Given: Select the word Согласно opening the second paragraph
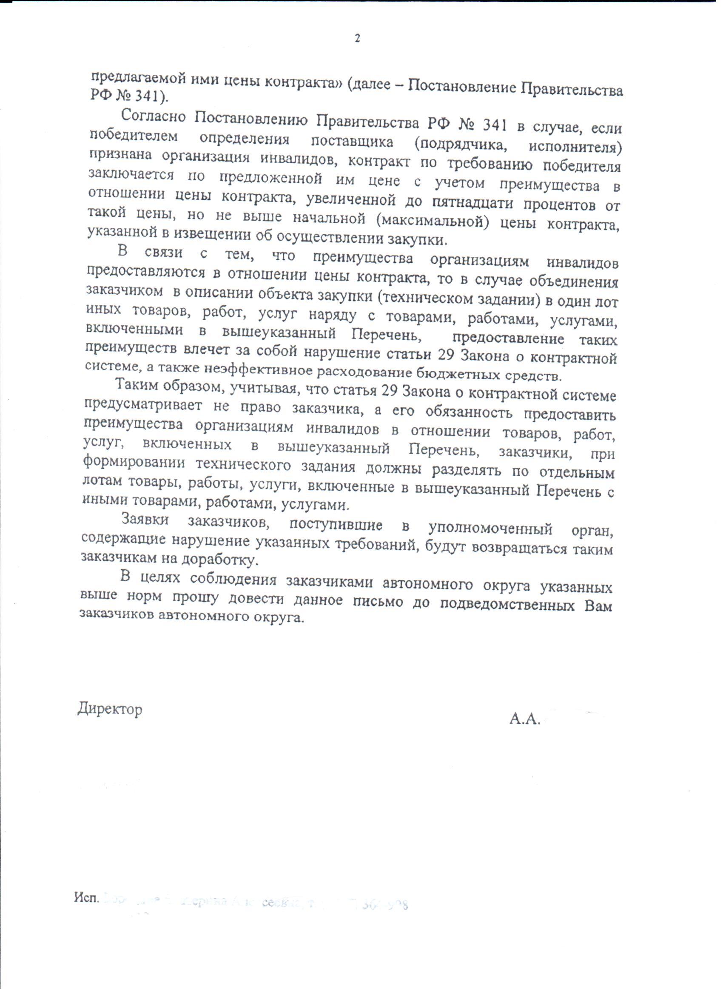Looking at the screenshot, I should (x=154, y=116).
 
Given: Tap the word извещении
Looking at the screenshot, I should (x=208, y=237).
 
